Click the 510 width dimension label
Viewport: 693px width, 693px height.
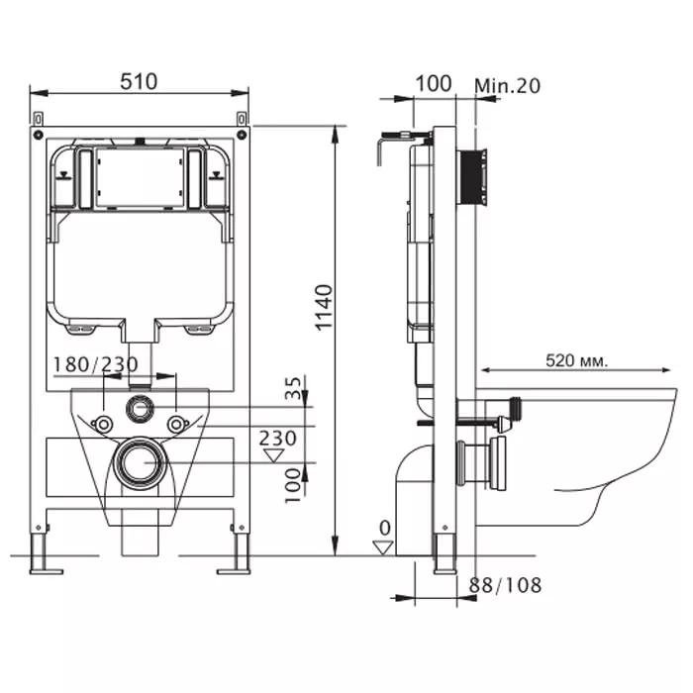(x=139, y=81)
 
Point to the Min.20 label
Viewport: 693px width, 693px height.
(x=508, y=85)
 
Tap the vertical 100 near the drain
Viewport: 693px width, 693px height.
(x=292, y=485)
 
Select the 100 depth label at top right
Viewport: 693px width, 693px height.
(x=433, y=83)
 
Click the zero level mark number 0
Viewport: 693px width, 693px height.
(x=385, y=528)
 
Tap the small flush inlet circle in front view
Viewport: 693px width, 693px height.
(x=139, y=407)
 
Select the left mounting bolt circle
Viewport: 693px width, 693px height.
(x=102, y=425)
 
